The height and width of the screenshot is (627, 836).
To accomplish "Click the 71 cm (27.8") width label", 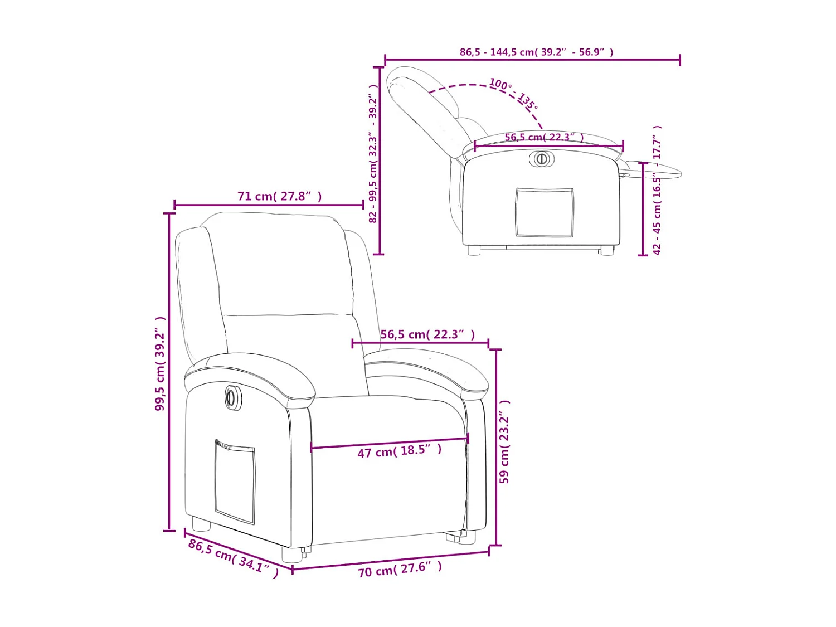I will (x=279, y=196).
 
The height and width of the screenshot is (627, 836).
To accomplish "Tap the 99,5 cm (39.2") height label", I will (x=161, y=363).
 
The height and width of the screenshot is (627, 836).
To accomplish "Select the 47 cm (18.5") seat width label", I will (x=400, y=451).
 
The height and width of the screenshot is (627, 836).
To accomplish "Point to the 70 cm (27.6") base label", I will (x=400, y=569).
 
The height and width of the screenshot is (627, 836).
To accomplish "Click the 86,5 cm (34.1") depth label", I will (x=233, y=558).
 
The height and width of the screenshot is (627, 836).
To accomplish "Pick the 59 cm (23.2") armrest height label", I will (x=504, y=441).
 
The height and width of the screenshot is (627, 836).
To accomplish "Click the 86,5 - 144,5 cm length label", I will (x=536, y=52).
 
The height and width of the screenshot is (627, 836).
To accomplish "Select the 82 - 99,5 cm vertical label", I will (x=373, y=153).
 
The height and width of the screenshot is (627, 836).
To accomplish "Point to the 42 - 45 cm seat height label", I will (x=657, y=190).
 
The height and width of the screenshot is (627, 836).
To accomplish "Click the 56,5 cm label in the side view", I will (x=544, y=137).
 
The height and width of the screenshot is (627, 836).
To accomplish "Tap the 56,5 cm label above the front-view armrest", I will (x=427, y=334).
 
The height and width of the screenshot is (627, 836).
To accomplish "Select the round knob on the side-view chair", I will (x=541, y=159).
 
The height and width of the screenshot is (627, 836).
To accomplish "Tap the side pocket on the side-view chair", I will (x=544, y=212).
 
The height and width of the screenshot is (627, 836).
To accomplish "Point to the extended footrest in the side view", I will (x=652, y=169).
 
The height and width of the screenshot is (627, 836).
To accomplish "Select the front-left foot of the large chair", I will (x=292, y=554).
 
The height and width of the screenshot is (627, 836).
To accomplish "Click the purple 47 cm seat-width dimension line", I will (x=390, y=443).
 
